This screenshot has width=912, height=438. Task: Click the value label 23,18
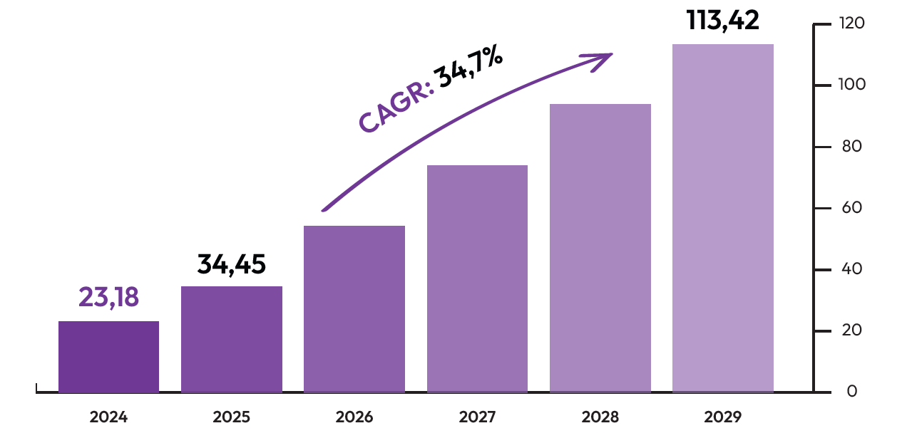click(108, 298)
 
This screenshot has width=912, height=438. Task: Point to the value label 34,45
click(232, 264)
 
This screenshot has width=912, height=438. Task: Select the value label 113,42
click(722, 20)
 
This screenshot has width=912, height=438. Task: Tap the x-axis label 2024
click(108, 417)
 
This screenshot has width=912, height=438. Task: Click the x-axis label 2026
click(354, 417)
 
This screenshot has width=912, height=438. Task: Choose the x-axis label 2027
click(477, 417)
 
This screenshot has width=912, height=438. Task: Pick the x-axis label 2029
click(722, 417)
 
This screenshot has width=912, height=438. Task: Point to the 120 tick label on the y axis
click(851, 24)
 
